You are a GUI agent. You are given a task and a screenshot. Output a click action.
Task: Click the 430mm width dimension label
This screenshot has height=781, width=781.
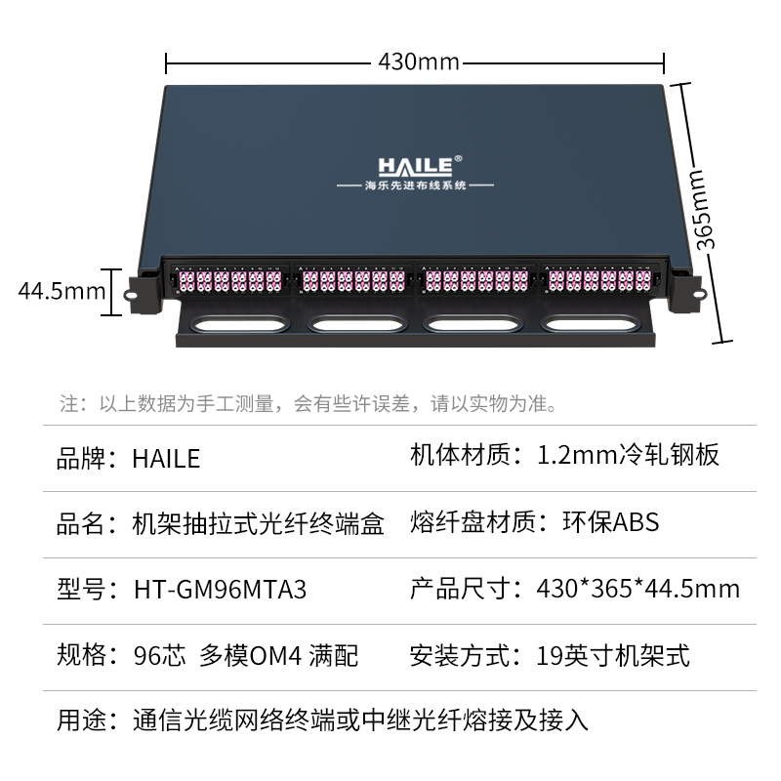419,62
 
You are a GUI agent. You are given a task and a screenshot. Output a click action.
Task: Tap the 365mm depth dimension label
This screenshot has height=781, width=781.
703,210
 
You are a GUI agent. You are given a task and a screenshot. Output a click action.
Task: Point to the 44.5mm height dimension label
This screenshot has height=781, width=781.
62,291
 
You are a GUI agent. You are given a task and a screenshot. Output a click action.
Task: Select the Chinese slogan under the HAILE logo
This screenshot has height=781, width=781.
416,185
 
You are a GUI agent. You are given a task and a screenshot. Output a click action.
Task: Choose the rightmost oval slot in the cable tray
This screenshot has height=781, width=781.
591,324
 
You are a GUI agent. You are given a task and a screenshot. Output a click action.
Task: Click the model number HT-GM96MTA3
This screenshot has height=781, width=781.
220,590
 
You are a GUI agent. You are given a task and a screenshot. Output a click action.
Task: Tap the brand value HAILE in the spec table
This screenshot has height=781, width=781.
166,458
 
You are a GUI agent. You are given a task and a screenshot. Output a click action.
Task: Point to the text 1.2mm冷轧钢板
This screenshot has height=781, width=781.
628,455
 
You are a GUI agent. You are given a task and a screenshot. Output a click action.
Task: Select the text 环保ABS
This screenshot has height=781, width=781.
611,522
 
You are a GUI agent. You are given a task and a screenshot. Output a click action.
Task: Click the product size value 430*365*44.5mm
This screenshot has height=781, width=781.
638,589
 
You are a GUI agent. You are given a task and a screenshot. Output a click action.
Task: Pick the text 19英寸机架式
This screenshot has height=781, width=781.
613,655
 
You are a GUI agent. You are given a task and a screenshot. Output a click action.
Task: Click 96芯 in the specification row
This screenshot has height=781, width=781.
159,655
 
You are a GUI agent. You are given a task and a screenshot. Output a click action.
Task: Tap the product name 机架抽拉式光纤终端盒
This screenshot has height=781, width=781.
258,524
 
